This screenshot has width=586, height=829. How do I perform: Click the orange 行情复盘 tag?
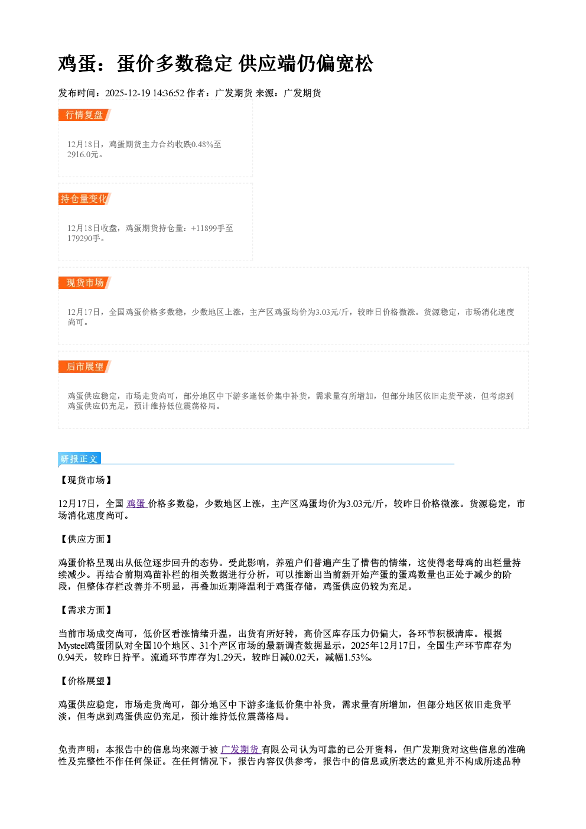tap(84, 115)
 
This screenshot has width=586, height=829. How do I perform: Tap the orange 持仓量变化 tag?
tap(84, 199)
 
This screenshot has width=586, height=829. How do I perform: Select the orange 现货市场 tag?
tap(84, 283)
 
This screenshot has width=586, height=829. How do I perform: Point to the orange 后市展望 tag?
tap(84, 367)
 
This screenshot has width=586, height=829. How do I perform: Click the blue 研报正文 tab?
tap(79, 459)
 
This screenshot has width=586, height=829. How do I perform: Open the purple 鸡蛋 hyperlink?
tap(137, 503)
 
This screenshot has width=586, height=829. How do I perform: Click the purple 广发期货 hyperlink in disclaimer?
tap(241, 749)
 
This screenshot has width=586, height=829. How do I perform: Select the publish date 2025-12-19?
tap(128, 93)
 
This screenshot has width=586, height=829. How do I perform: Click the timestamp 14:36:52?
tap(168, 93)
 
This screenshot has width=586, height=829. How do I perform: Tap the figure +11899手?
tap(207, 228)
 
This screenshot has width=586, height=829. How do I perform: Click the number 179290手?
tap(84, 238)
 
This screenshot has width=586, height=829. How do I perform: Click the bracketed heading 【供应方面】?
tap(85, 539)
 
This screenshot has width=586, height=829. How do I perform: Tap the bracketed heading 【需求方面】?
tap(85, 610)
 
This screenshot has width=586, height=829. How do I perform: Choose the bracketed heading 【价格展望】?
tap(85, 681)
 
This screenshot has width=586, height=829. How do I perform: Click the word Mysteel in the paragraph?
tap(72, 646)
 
